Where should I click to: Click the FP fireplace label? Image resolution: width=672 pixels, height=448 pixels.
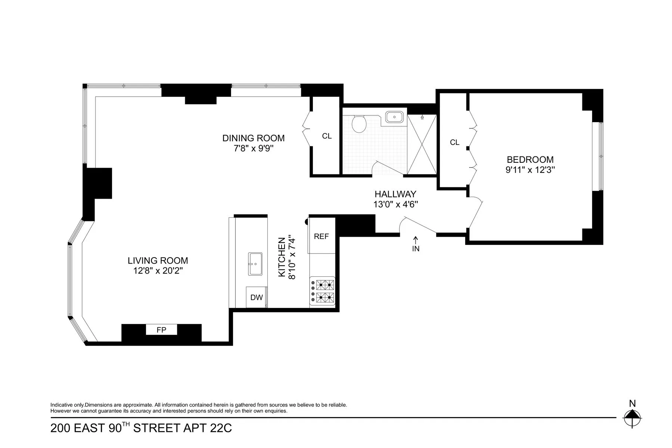[x=161, y=330]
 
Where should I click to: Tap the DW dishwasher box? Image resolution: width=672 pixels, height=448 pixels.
[x=256, y=298]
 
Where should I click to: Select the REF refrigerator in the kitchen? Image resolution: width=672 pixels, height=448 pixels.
[x=321, y=236]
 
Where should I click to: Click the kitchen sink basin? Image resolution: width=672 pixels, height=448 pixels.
[x=255, y=264]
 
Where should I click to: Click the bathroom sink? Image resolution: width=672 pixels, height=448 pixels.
[x=394, y=117]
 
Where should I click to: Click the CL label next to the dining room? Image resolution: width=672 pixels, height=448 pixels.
[x=327, y=136]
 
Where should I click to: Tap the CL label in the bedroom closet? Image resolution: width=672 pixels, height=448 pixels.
[x=454, y=142]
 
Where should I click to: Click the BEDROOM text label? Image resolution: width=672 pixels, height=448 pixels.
[x=530, y=160]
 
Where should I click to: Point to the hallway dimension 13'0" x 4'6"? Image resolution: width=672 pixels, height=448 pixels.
[x=395, y=205]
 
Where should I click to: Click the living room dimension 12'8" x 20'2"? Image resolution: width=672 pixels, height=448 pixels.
[x=158, y=271]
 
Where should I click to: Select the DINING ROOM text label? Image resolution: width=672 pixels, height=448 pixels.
[x=253, y=138]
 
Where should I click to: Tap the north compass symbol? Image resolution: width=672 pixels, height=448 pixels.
[x=632, y=417]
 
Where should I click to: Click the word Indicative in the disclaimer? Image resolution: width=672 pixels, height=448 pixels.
[x=61, y=405]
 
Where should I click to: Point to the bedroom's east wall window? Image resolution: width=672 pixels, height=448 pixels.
[x=600, y=156]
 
